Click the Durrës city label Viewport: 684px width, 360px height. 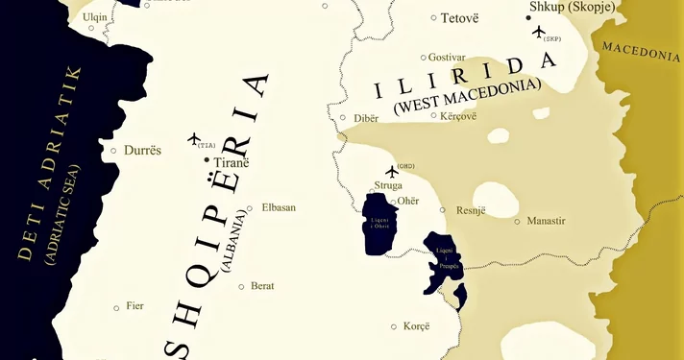tap(143, 151)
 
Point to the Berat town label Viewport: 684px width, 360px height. tap(262, 286)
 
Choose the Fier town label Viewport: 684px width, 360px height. tap(134, 306)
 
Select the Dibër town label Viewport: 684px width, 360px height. tap(366, 118)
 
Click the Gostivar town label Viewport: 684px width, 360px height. tap(447, 58)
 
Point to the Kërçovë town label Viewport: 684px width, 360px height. tap(457, 116)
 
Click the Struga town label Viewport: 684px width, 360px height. tap(388, 185)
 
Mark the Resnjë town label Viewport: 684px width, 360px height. tap(471, 209)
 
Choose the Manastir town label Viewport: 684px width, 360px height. tap(546, 221)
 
